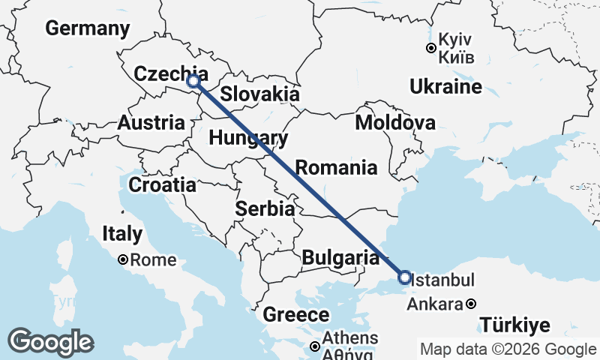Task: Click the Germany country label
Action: pyautogui.click(x=88, y=28)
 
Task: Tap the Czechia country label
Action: pyautogui.click(x=160, y=73)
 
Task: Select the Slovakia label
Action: pyautogui.click(x=260, y=94)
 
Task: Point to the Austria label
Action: pyautogui.click(x=151, y=122)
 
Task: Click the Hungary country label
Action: pyautogui.click(x=248, y=138)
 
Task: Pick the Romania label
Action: pyautogui.click(x=336, y=167)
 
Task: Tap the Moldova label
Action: pyautogui.click(x=395, y=122)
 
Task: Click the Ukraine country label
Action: pyautogui.click(x=445, y=87)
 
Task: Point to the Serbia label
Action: pyautogui.click(x=265, y=209)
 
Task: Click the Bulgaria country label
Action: pyautogui.click(x=340, y=259)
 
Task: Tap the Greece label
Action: pyautogui.click(x=296, y=315)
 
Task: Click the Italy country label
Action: pyautogui.click(x=122, y=234)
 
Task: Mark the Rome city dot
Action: pyautogui.click(x=122, y=260)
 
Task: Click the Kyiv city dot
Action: pyautogui.click(x=431, y=48)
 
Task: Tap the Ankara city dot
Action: pyautogui.click(x=470, y=304)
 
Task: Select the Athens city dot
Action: pyautogui.click(x=316, y=346)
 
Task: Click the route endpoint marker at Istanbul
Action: pyautogui.click(x=405, y=278)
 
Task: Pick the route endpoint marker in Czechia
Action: pyautogui.click(x=193, y=80)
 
